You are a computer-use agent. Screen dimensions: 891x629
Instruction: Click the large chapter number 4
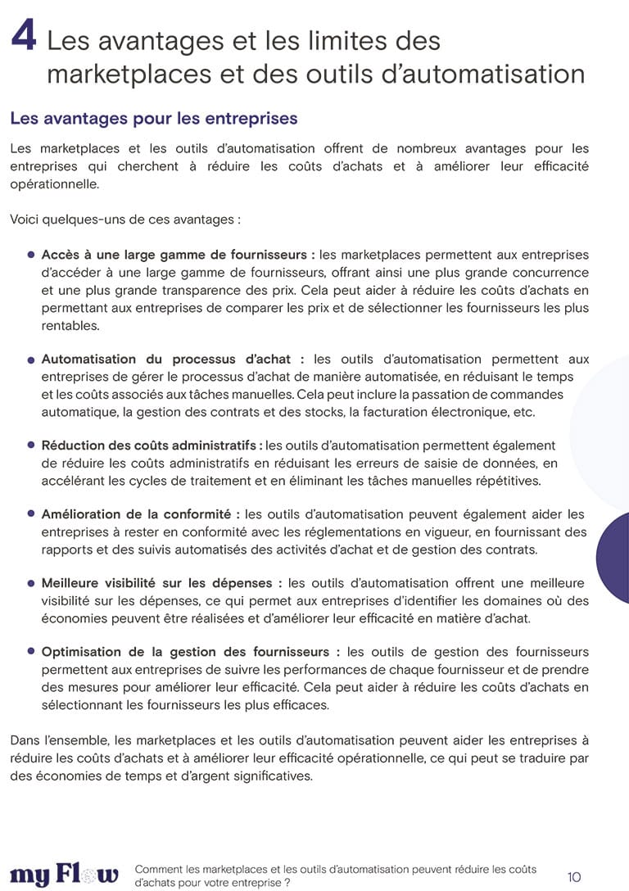pyautogui.click(x=23, y=37)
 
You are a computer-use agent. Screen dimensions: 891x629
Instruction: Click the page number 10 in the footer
pyautogui.click(x=573, y=877)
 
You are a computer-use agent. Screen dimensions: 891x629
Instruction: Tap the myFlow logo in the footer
pyautogui.click(x=64, y=875)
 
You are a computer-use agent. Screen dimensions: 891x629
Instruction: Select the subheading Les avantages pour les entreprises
pyautogui.click(x=153, y=119)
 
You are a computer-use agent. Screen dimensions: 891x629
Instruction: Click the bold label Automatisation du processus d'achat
pyautogui.click(x=173, y=360)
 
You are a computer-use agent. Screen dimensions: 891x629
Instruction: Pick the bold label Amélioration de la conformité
pyautogui.click(x=140, y=514)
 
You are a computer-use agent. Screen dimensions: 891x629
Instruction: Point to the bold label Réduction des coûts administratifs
pyautogui.click(x=152, y=445)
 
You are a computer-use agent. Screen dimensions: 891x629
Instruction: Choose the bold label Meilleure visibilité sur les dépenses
pyautogui.click(x=161, y=583)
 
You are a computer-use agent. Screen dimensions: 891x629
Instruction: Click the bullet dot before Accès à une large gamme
pyautogui.click(x=31, y=256)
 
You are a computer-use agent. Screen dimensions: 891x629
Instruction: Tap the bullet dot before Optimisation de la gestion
pyautogui.click(x=31, y=652)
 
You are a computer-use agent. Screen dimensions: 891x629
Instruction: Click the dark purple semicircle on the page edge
pyautogui.click(x=613, y=546)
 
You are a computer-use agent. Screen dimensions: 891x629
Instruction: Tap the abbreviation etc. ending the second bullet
pyautogui.click(x=523, y=411)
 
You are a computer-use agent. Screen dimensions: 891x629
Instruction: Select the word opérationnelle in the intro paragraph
pyautogui.click(x=54, y=184)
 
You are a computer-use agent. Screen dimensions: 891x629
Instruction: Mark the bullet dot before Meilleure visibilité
pyautogui.click(x=31, y=583)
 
